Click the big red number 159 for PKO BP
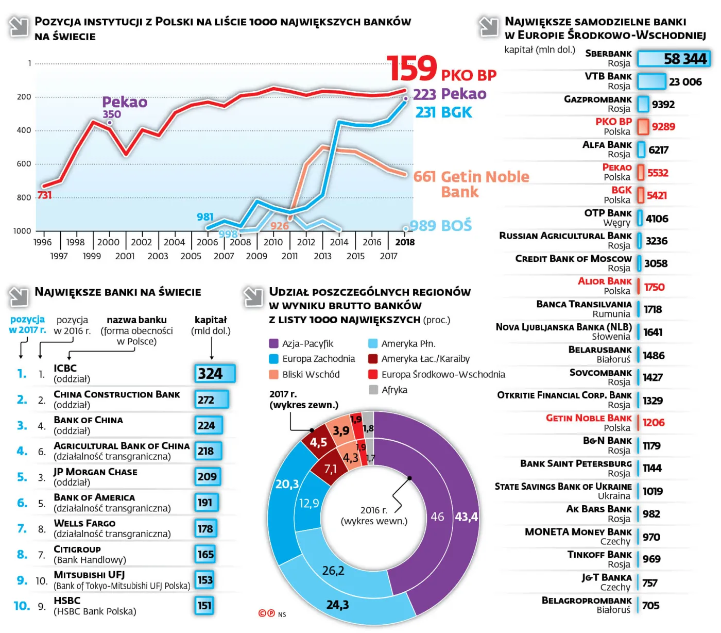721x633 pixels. click(x=411, y=69)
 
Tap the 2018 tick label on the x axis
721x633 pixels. click(x=405, y=242)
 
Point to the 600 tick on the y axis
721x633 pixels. click(x=24, y=164)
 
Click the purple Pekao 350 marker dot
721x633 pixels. click(x=109, y=123)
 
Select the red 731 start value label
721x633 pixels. click(x=44, y=195)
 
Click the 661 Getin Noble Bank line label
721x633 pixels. click(x=471, y=184)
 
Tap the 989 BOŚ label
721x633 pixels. click(x=440, y=226)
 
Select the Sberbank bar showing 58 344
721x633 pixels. click(x=674, y=59)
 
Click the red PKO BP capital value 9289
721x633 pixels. click(x=663, y=127)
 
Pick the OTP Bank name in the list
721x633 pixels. click(x=608, y=213)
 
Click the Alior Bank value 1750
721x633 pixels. click(x=654, y=287)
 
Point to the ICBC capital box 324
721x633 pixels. click(x=214, y=374)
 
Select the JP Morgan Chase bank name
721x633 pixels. click(x=95, y=472)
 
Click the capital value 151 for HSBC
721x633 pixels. click(x=204, y=606)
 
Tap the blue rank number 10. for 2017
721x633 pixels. click(x=22, y=606)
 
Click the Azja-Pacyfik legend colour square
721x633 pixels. click(x=273, y=344)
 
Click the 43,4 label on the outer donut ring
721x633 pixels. click(x=466, y=517)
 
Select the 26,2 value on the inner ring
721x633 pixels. click(x=333, y=571)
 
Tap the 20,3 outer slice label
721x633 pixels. click(x=287, y=484)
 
